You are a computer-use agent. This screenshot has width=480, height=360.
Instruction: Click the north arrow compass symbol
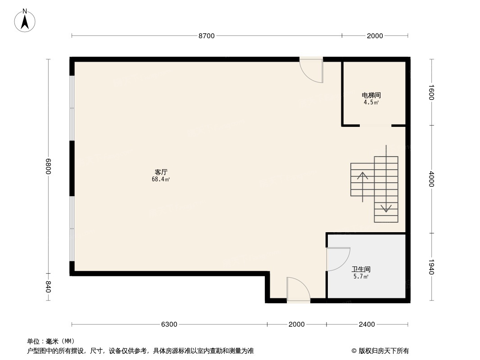click(x=25, y=21)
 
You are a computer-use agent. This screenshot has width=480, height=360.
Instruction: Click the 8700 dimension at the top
click(x=207, y=36)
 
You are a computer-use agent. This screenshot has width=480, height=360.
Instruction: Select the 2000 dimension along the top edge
click(x=375, y=36)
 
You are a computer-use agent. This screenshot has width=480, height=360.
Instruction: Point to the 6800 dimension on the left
click(x=48, y=166)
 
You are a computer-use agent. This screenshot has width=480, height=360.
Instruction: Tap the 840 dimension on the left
click(x=48, y=287)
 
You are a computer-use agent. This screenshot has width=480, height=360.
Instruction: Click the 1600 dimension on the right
click(x=431, y=92)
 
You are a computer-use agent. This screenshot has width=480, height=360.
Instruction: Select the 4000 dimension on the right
click(x=431, y=179)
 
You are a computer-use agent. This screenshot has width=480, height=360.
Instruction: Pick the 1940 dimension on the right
click(x=431, y=267)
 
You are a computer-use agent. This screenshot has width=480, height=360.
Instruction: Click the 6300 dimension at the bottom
click(x=169, y=324)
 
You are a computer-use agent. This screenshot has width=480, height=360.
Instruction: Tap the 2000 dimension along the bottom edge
click(x=296, y=324)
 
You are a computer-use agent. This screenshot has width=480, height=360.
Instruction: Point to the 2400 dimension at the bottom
click(x=367, y=324)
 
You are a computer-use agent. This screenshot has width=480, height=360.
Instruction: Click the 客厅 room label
click(x=161, y=172)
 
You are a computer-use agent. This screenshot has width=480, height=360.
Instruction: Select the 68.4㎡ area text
click(x=161, y=180)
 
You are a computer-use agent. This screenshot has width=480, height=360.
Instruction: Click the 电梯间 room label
click(x=371, y=95)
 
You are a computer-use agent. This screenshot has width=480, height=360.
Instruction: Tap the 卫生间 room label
click(x=361, y=269)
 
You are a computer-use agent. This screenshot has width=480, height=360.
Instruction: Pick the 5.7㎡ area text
click(x=361, y=276)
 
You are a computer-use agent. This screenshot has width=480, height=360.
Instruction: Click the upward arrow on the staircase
click(x=363, y=187)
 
